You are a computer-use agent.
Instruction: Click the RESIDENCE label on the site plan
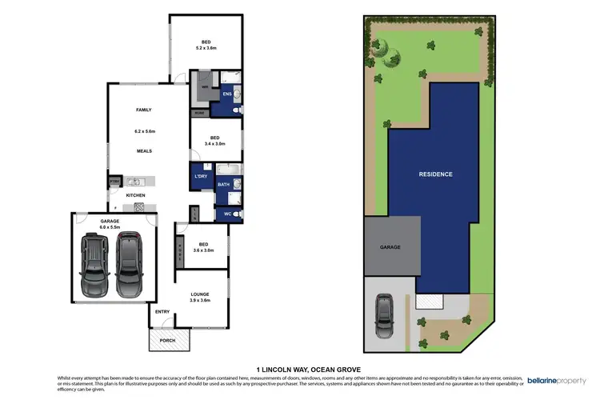pyautogui.click(x=436, y=174)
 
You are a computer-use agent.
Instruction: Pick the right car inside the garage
pyautogui.click(x=129, y=263)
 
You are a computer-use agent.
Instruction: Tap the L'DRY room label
pyautogui.click(x=202, y=176)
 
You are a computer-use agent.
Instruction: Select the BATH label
pyautogui.click(x=224, y=185)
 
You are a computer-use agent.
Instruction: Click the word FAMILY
pyautogui.click(x=143, y=110)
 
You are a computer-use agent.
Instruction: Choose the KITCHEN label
pyautogui.click(x=134, y=194)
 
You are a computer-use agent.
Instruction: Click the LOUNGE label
pyautogui.click(x=200, y=294)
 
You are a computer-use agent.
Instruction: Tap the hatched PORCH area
pyautogui.click(x=169, y=340)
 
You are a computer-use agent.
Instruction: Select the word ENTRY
pyautogui.click(x=162, y=312)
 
